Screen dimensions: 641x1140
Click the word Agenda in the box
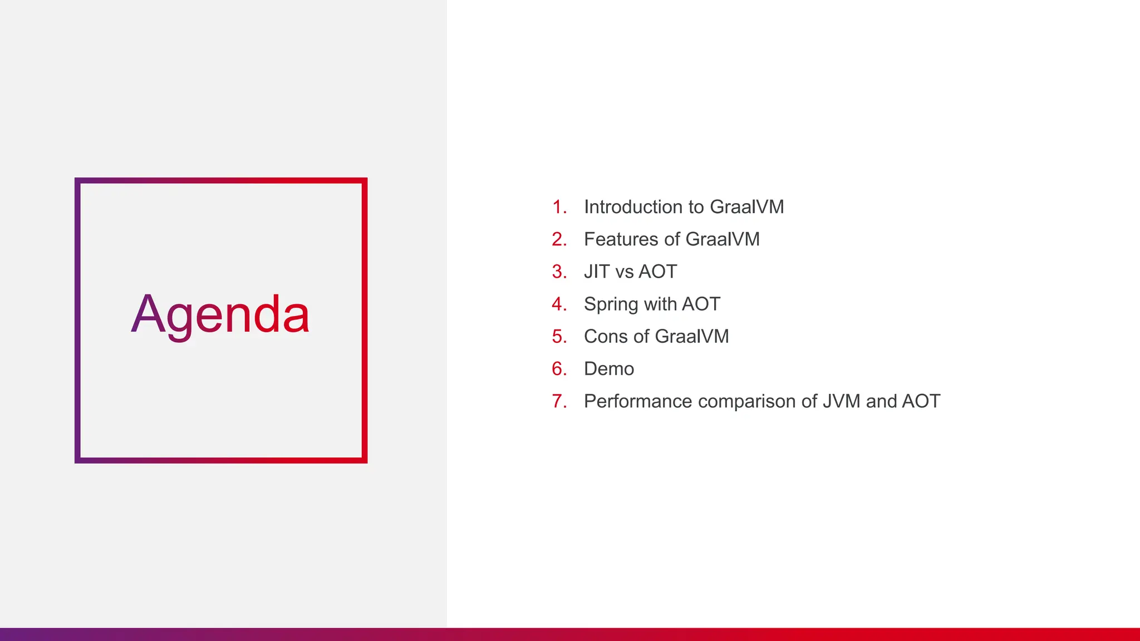(x=220, y=315)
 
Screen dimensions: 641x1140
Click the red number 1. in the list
(x=559, y=207)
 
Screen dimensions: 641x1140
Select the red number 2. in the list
(x=559, y=239)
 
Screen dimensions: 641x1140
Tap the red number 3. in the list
(x=559, y=272)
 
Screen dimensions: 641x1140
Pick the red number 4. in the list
(x=559, y=304)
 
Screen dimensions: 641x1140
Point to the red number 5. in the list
(x=559, y=337)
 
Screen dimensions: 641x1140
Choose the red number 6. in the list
(x=559, y=369)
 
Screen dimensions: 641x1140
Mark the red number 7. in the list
(x=559, y=401)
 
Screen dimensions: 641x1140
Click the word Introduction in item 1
(x=633, y=207)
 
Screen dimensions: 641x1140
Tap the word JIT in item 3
(x=597, y=272)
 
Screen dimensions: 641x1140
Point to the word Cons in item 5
(x=606, y=337)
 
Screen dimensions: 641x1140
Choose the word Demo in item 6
(x=609, y=369)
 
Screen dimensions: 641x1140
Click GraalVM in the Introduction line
(x=746, y=207)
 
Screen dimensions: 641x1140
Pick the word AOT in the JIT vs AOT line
(x=657, y=272)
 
